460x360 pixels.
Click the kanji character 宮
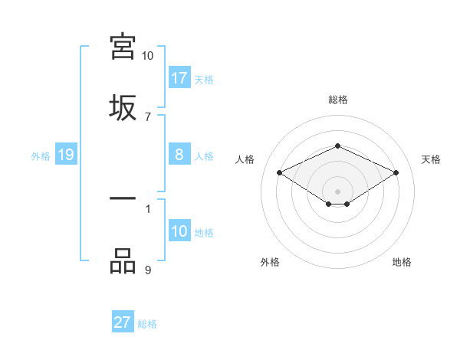123,46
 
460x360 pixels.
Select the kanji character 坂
123,107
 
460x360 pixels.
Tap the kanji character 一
123,198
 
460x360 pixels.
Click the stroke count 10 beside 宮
147,56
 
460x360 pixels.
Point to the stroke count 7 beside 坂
147,116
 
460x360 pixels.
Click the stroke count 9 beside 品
147,270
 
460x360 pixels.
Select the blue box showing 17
179,78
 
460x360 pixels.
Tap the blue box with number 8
179,155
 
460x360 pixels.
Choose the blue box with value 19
66,155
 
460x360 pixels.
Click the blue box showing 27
122,322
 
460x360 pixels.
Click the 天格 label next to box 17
204,79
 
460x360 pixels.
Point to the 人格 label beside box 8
204,155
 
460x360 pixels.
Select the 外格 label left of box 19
41,155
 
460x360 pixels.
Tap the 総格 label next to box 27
147,323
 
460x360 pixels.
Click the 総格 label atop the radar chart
337,100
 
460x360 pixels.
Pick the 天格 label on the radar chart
431,159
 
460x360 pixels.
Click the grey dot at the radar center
337,191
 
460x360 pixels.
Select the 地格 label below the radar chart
402,262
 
